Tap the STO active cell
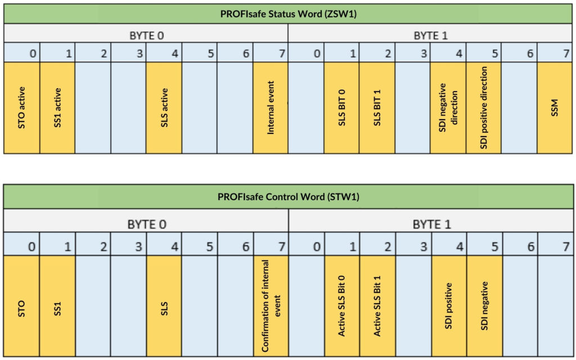(21, 107)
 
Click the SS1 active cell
(57, 107)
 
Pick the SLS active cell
(164, 107)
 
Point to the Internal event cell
(271, 107)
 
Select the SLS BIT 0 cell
(341, 107)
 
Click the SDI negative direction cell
(448, 107)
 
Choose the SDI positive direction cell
(484, 107)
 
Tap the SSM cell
(555, 107)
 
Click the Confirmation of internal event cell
(271, 306)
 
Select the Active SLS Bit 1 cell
(377, 306)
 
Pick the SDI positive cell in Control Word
(449, 306)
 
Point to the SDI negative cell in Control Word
(484, 306)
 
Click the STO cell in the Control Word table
(21, 306)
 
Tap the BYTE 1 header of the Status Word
(430, 35)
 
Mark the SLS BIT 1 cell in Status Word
(377, 107)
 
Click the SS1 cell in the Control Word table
(57, 306)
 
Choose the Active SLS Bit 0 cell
(342, 306)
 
